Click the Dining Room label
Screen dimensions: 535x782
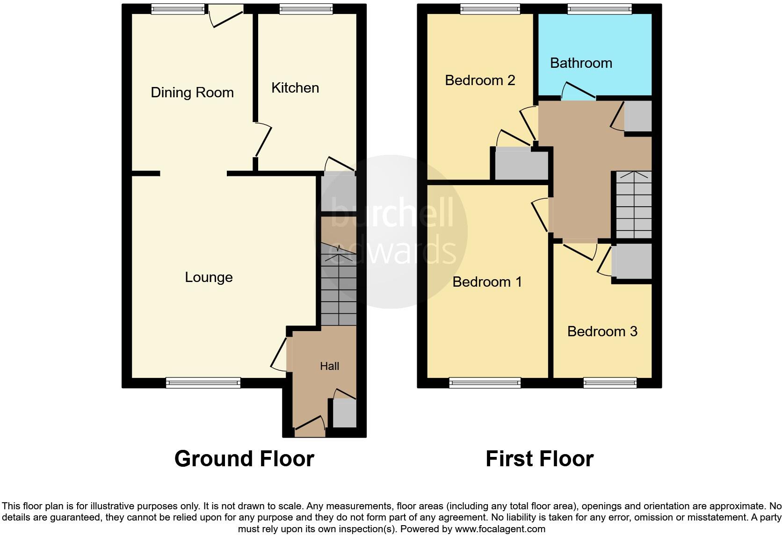(x=192, y=93)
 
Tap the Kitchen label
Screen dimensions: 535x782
(x=295, y=88)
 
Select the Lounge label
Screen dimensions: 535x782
(x=209, y=277)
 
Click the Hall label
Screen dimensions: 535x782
(x=329, y=366)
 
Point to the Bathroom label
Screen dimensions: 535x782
(x=581, y=63)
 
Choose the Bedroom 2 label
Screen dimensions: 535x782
(x=480, y=80)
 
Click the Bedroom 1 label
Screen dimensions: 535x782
(x=487, y=282)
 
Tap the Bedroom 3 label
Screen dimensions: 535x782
(x=602, y=332)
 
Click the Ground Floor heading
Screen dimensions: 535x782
(x=244, y=459)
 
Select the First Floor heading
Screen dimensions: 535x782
(x=539, y=459)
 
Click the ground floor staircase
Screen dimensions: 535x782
(x=339, y=285)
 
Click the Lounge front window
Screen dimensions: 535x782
(x=203, y=383)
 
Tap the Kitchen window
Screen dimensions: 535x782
(x=306, y=8)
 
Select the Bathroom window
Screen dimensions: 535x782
(x=599, y=8)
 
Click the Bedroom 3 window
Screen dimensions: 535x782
(x=610, y=383)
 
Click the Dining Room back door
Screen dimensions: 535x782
(x=226, y=16)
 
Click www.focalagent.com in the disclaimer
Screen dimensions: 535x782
(x=500, y=529)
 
